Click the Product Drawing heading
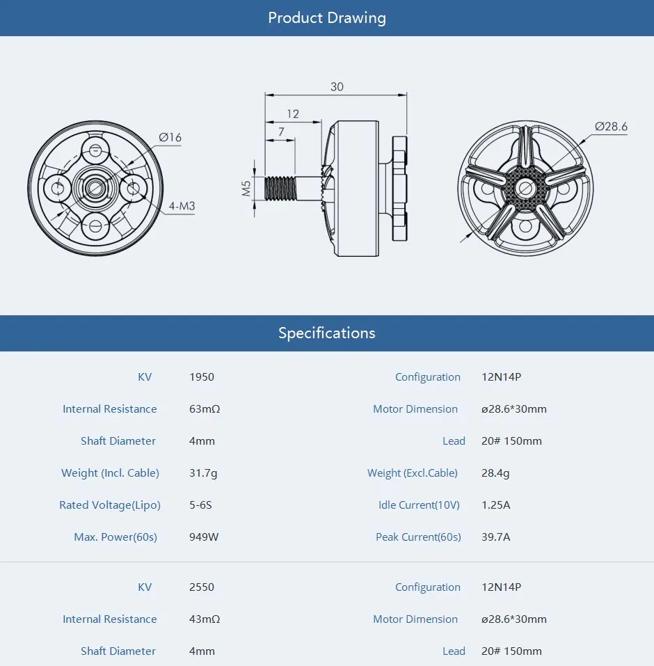click(326, 18)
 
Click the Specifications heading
click(326, 333)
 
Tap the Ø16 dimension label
click(170, 138)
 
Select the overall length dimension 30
click(337, 87)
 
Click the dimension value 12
click(292, 113)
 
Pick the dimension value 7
click(280, 132)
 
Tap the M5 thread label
click(246, 189)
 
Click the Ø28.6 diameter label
click(611, 126)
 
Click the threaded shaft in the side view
click(282, 189)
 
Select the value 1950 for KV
click(202, 377)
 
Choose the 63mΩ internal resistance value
click(205, 409)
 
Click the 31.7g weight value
click(203, 473)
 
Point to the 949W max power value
click(204, 537)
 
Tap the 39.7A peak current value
click(496, 537)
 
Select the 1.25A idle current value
click(496, 505)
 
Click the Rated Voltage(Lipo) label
click(110, 505)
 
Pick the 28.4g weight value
click(495, 473)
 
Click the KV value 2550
click(202, 587)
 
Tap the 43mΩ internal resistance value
click(205, 619)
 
